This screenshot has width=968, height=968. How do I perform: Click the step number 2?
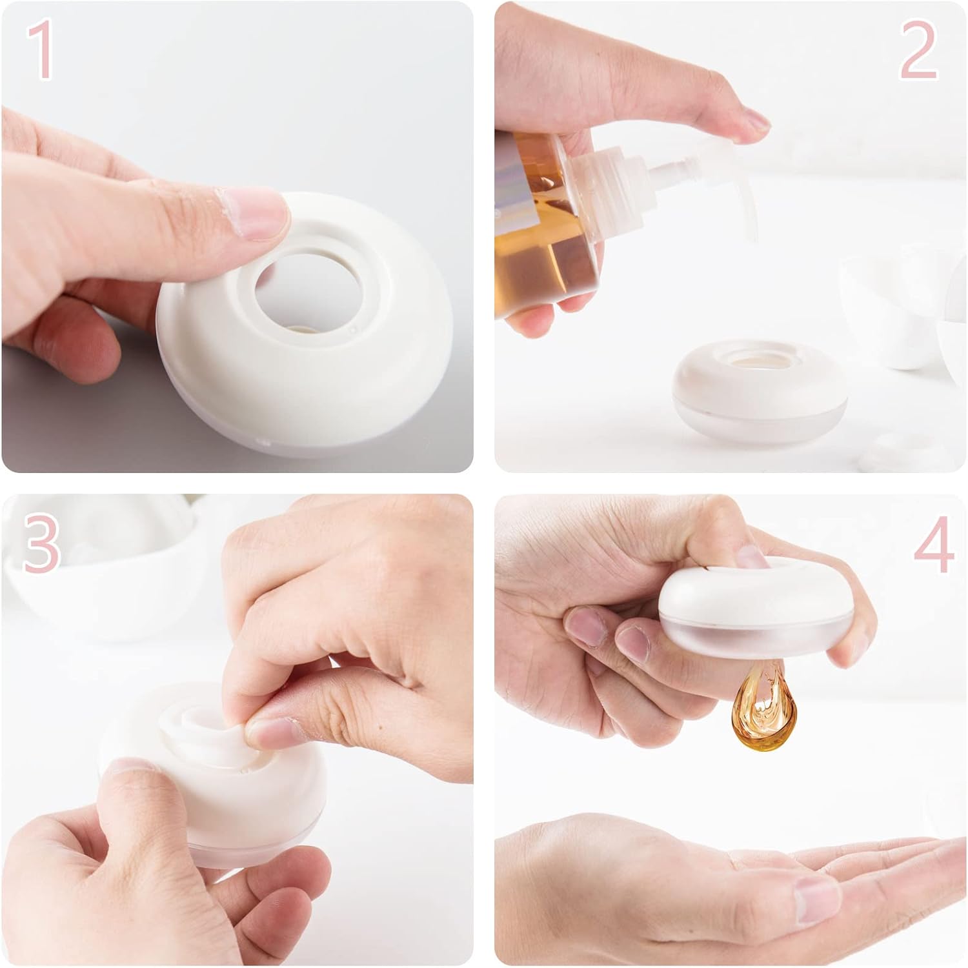[918, 50]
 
